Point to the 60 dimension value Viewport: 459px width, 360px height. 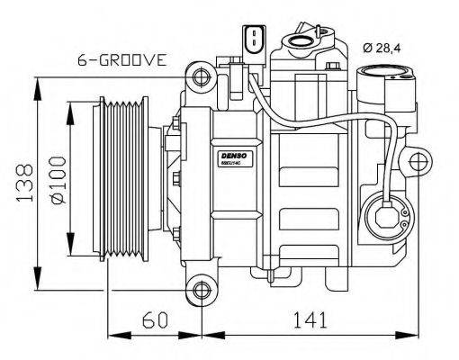pyautogui.click(x=154, y=319)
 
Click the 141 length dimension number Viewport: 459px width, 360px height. pyautogui.click(x=310, y=319)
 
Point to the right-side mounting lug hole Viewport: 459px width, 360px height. pyautogui.click(x=419, y=164)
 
